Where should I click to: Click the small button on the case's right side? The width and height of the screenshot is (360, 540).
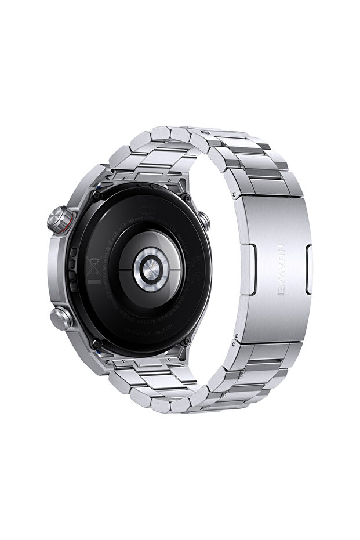point(204,220)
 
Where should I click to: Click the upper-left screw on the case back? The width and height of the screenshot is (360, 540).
point(94,198)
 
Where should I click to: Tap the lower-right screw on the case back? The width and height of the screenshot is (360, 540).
point(186,342)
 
